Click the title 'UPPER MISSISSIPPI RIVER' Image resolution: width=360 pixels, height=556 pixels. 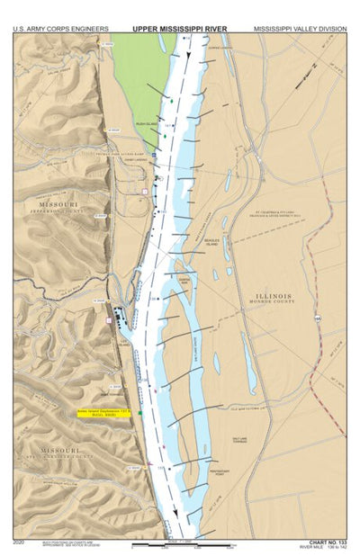point(180,29)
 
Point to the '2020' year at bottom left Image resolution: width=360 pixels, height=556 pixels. point(20,543)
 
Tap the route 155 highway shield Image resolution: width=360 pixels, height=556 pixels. point(317,318)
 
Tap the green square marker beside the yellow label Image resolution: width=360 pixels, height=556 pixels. point(140,413)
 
